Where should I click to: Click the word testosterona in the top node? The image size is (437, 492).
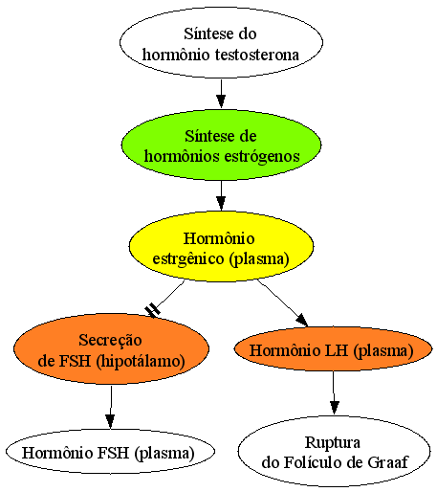tap(257, 55)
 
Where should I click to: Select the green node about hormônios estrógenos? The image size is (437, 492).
tap(221, 145)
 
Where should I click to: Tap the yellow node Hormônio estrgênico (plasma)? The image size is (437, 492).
tap(221, 246)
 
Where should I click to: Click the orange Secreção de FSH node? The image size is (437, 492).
tap(111, 348)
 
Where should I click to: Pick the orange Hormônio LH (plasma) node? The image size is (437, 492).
tap(333, 349)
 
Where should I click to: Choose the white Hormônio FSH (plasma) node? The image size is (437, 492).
tap(110, 451)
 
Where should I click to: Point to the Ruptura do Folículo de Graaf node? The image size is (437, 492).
tap(334, 451)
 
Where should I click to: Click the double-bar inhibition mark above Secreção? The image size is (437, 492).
tap(153, 311)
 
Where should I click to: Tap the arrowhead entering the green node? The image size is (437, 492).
tap(221, 101)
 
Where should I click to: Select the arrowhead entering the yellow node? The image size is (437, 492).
tap(221, 203)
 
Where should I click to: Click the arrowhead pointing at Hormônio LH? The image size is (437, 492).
tap(302, 321)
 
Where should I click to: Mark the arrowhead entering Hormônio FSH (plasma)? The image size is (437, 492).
tap(110, 421)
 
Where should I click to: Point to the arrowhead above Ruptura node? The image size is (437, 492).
tap(334, 408)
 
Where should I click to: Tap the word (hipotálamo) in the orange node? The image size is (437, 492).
tap(141, 361)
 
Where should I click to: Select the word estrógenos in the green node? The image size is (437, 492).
tap(262, 156)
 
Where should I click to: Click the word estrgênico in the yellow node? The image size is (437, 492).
tap(188, 258)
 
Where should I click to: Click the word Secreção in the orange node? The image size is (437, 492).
tap(110, 340)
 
